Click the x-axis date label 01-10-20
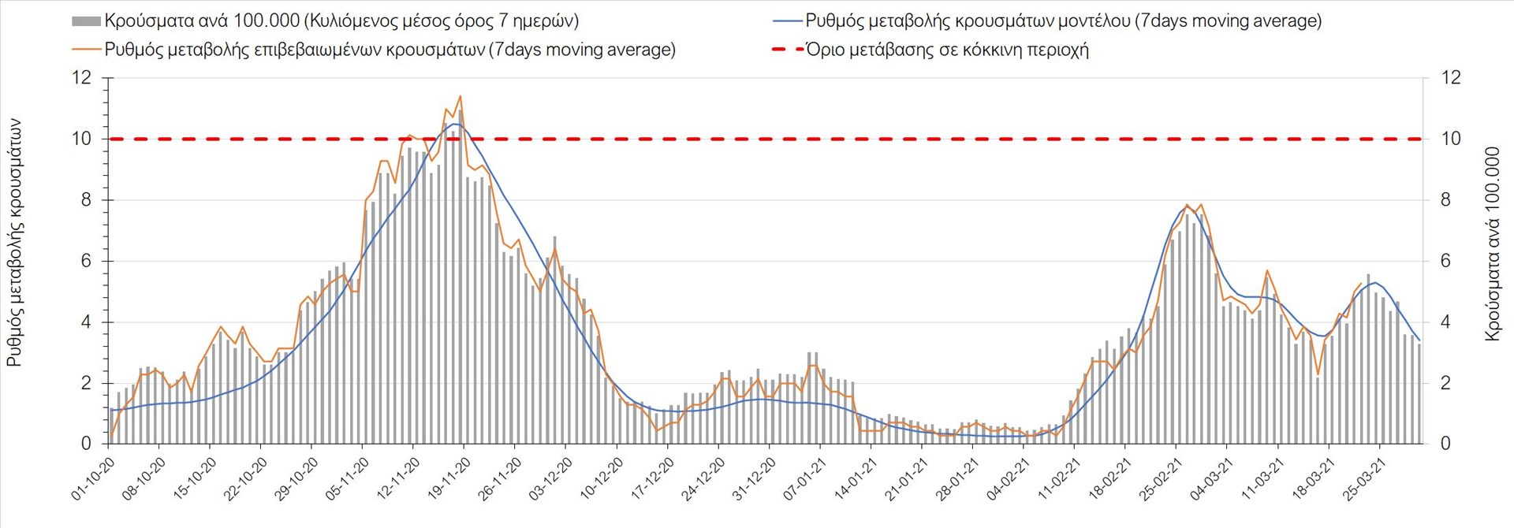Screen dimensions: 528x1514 pyautogui.click(x=93, y=479)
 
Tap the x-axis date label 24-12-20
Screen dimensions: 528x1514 pyautogui.click(x=703, y=479)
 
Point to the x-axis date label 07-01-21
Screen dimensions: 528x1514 pyautogui.click(x=804, y=479)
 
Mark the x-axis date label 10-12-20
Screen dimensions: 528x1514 pyautogui.click(x=601, y=479)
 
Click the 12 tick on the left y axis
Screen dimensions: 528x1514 pyautogui.click(x=81, y=78)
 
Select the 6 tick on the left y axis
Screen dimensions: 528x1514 pyautogui.click(x=86, y=261)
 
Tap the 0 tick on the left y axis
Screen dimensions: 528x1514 pyautogui.click(x=86, y=444)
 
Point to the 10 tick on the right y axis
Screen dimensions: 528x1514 pyautogui.click(x=1451, y=139)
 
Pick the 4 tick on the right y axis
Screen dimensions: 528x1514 pyautogui.click(x=1445, y=322)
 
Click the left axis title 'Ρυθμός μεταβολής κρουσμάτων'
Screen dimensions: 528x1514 pyautogui.click(x=15, y=243)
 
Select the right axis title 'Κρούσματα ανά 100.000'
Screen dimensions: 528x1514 pyautogui.click(x=1492, y=244)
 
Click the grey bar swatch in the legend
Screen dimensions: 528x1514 pyautogui.click(x=86, y=21)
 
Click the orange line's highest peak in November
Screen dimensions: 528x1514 pyautogui.click(x=460, y=96)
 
